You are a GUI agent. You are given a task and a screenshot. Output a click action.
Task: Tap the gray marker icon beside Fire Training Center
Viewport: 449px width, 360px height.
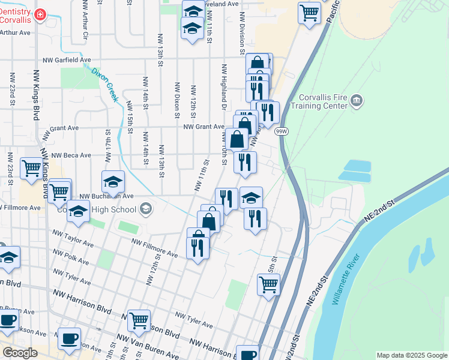[x=357, y=100]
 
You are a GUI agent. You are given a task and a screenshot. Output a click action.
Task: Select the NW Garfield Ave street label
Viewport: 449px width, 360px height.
[x=67, y=60]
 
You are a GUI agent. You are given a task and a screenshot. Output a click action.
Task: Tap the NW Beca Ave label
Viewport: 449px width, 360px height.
[x=71, y=155]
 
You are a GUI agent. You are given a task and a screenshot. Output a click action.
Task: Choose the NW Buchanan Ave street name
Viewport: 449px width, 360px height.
[x=105, y=196]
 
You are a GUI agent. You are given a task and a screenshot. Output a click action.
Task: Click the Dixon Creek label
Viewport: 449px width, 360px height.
[x=104, y=85]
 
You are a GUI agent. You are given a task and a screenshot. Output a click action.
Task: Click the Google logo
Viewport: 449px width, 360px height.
[x=20, y=353]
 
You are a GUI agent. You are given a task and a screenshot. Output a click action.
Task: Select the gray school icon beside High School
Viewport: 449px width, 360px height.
[x=145, y=209]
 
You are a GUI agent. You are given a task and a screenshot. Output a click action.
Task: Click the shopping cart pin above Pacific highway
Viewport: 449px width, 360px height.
[x=309, y=11]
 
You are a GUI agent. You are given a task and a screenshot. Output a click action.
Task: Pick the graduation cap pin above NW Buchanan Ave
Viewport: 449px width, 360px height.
[x=113, y=181]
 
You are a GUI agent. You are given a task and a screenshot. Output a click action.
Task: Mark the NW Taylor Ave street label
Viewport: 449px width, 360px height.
[x=73, y=238]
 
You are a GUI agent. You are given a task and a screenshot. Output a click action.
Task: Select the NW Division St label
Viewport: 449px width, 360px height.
[x=242, y=31]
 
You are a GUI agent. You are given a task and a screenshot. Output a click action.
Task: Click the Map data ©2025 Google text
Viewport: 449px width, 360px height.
[x=411, y=355]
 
